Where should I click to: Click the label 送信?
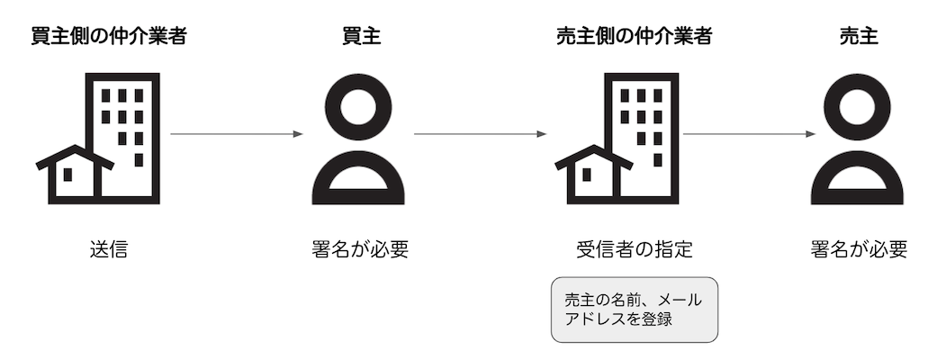[109, 249]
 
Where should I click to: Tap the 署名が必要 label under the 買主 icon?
[358, 249]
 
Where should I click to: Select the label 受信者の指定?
[635, 249]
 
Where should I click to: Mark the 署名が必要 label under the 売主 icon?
[858, 249]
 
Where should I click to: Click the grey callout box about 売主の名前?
[635, 309]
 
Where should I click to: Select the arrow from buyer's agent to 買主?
[237, 134]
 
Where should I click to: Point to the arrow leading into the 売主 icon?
[750, 134]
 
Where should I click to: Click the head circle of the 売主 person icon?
[858, 105]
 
